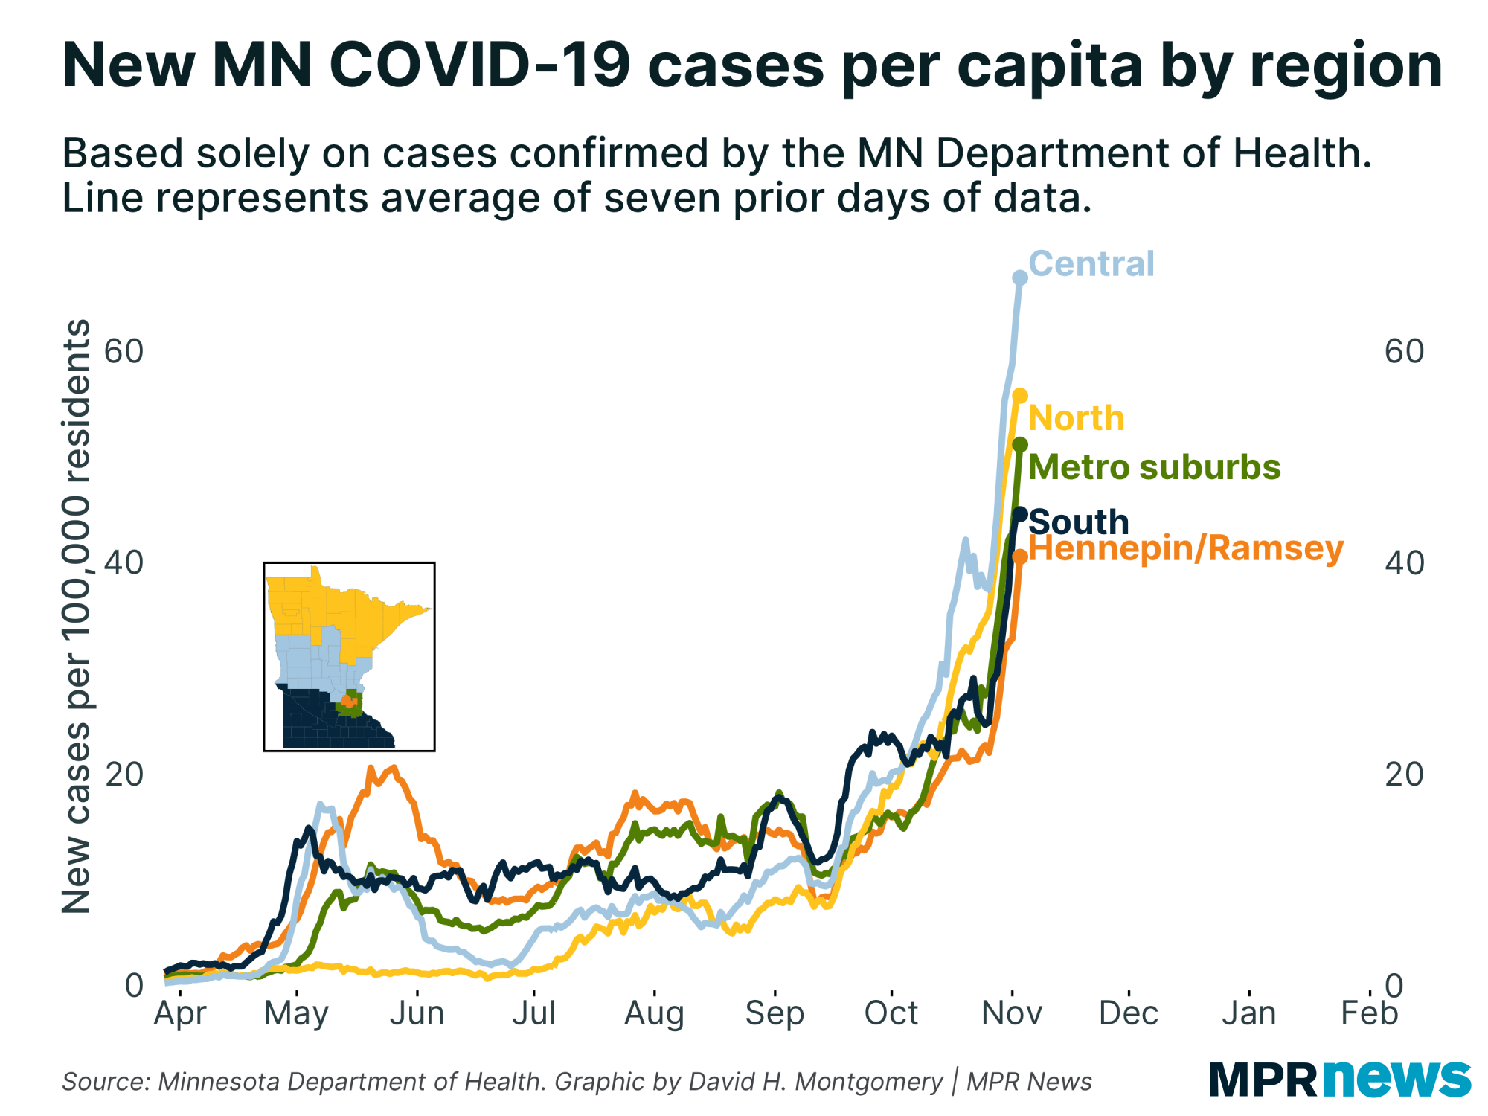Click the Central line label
coord(1091,264)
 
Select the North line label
coord(1076,418)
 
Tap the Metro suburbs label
coord(1154,467)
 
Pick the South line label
coord(1079,522)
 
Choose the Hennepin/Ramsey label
coord(1186,549)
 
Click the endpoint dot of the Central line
coord(1020,278)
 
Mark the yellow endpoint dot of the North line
coord(1020,395)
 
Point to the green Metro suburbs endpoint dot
coord(1020,444)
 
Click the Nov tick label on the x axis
coord(1012,1013)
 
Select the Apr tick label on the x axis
coord(179,1013)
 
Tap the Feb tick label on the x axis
coord(1369,1013)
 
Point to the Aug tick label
coord(654,1013)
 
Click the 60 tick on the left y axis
coord(124,351)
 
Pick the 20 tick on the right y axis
coord(1403,775)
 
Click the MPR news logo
coord(1339,1080)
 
